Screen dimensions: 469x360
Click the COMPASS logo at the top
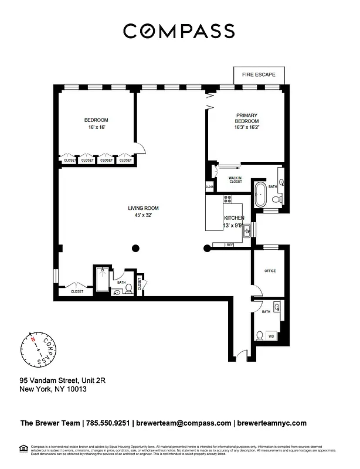click(179, 30)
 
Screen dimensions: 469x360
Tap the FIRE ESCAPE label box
click(259, 74)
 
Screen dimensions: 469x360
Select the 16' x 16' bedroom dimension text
click(96, 127)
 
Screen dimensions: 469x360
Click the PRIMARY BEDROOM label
click(247, 119)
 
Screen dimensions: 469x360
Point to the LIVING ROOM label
click(143, 208)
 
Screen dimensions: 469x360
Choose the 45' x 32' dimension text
click(143, 215)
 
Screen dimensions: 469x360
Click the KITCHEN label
click(233, 218)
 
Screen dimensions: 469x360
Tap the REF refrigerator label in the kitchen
click(230, 244)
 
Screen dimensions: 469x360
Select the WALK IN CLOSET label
click(236, 179)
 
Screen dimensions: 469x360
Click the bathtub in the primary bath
click(260, 194)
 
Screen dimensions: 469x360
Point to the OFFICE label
click(270, 271)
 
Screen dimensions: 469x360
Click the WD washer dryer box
click(271, 337)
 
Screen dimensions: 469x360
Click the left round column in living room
click(135, 248)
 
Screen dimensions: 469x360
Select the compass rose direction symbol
click(40, 350)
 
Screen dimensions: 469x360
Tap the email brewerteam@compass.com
click(184, 423)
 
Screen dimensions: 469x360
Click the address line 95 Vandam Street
click(62, 380)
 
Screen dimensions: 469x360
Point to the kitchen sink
click(247, 230)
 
